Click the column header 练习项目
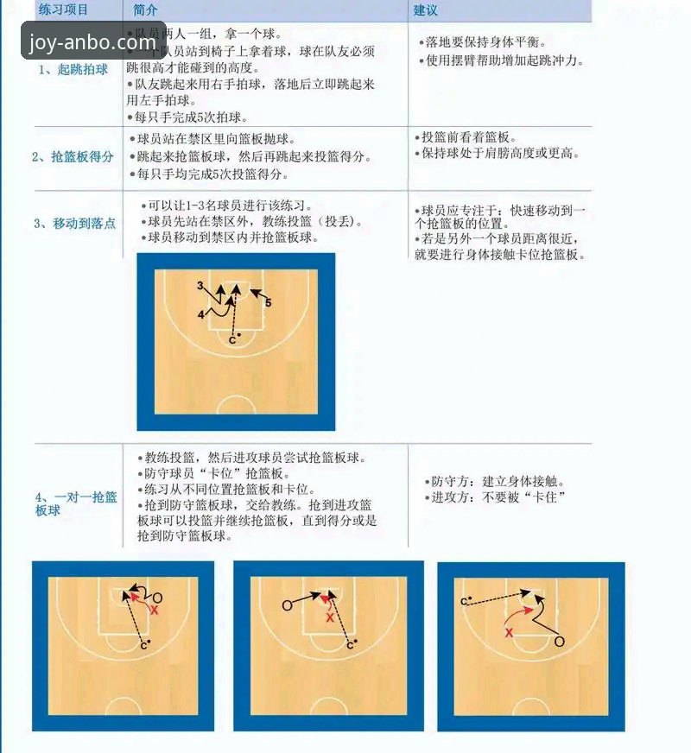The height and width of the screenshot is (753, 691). pyautogui.click(x=64, y=10)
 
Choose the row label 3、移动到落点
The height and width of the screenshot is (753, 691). pyautogui.click(x=74, y=223)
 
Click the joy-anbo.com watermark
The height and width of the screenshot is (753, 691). pyautogui.click(x=92, y=41)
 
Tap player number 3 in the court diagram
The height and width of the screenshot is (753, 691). pyautogui.click(x=200, y=286)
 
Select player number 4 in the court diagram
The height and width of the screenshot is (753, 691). pyautogui.click(x=201, y=315)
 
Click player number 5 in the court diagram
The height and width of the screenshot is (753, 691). pyautogui.click(x=268, y=302)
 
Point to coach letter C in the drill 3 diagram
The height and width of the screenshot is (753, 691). pyautogui.click(x=231, y=339)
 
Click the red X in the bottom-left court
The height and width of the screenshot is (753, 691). pyautogui.click(x=155, y=610)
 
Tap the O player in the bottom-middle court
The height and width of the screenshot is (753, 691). pyautogui.click(x=287, y=605)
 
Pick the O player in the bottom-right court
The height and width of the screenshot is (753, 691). pyautogui.click(x=559, y=642)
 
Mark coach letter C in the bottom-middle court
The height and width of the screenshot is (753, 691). pyautogui.click(x=349, y=644)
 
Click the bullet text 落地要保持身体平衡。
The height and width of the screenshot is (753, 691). pyautogui.click(x=488, y=41)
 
